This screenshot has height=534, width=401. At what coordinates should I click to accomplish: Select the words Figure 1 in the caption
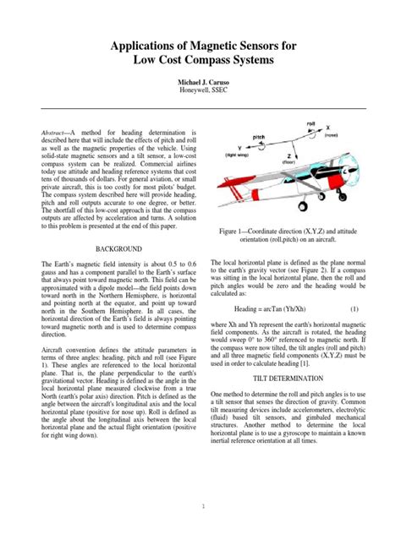coord(234,230)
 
